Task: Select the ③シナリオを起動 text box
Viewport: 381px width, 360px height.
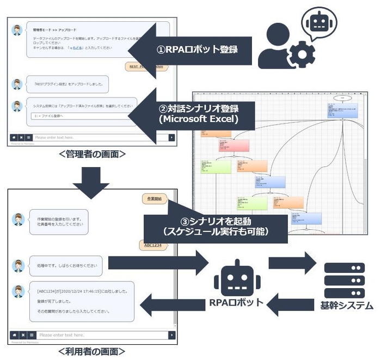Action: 215,225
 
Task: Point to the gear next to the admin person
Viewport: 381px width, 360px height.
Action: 298,55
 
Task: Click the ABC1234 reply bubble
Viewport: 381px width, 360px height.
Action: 153,245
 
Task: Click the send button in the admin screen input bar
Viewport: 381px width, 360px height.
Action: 172,138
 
